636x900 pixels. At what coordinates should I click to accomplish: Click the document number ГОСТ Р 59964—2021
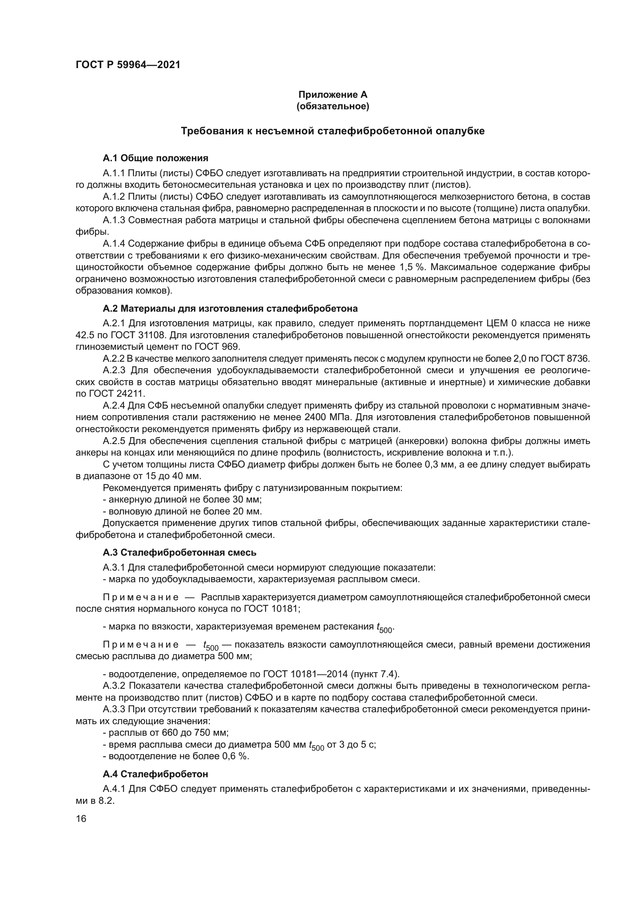click(x=128, y=65)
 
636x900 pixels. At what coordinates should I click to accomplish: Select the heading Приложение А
click(x=333, y=95)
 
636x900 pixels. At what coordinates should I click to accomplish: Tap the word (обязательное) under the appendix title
click(x=333, y=106)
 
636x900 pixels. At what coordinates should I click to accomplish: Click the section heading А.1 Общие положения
click(x=155, y=158)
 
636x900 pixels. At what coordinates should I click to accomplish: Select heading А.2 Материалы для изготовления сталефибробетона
click(x=230, y=309)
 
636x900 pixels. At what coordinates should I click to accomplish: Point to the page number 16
click(x=81, y=819)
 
